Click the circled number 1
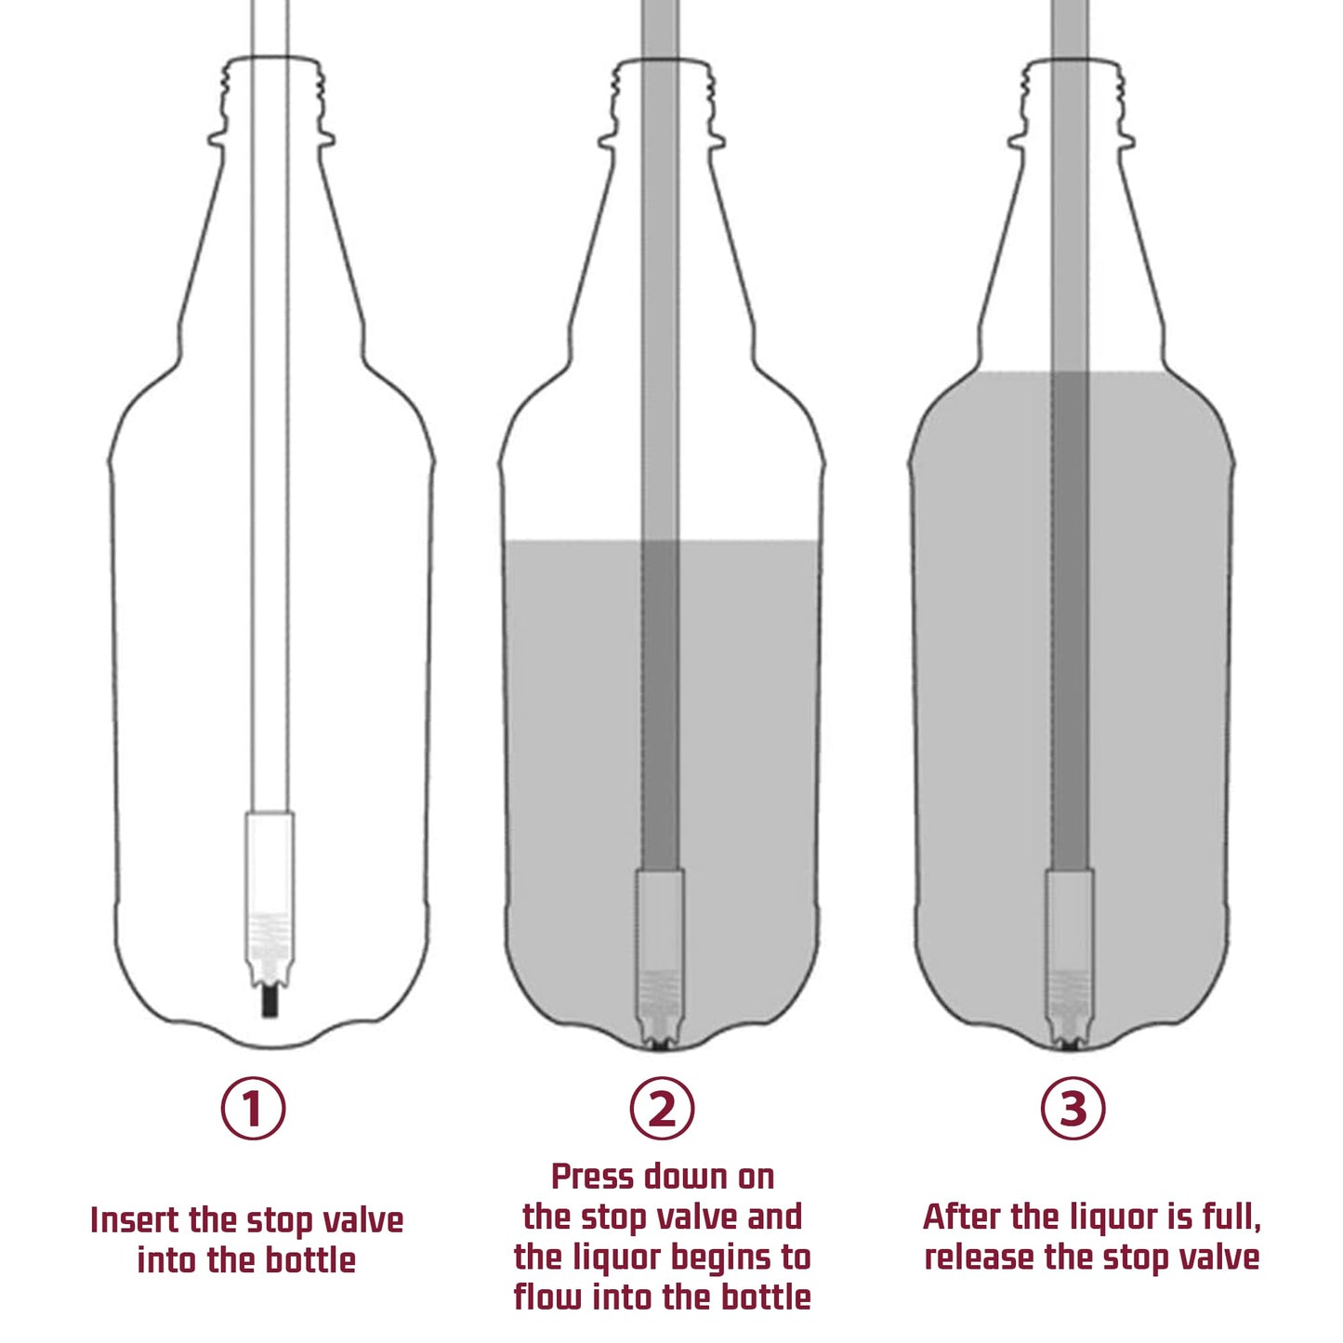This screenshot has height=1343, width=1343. click(x=253, y=1108)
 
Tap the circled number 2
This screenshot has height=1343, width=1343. click(x=662, y=1108)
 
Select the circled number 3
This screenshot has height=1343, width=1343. click(x=1073, y=1108)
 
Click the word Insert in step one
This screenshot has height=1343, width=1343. click(x=135, y=1220)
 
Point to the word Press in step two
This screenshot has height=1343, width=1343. click(x=591, y=1178)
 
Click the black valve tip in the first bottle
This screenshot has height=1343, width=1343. click(x=270, y=1004)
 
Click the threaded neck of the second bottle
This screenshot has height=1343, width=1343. click(x=662, y=98)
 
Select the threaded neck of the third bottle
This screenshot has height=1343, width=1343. click(x=1071, y=98)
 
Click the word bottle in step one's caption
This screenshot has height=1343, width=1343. click(x=310, y=1261)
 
